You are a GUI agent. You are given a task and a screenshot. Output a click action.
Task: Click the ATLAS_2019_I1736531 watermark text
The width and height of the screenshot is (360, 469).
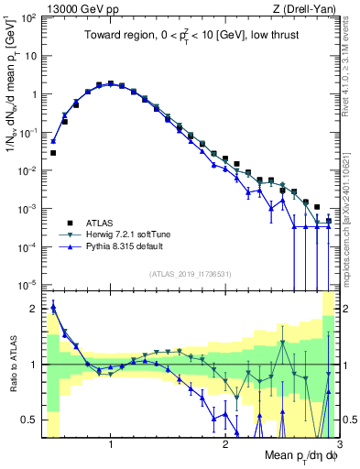[190, 274]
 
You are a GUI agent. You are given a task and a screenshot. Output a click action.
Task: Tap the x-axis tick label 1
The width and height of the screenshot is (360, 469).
[111, 445]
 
